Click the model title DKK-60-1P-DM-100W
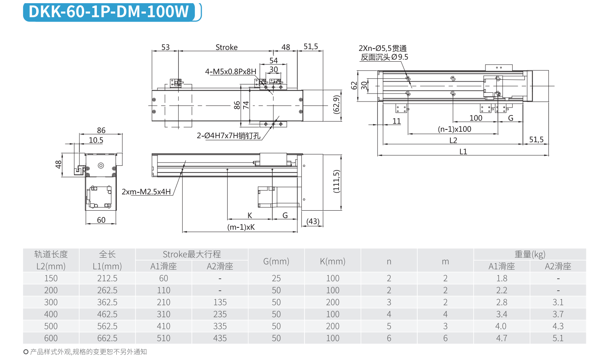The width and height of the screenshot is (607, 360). click(x=108, y=12)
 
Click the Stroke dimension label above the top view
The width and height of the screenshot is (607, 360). click(x=226, y=47)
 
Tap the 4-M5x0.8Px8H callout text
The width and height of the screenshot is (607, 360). click(x=230, y=72)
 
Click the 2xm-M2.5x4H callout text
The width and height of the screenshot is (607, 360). click(x=146, y=192)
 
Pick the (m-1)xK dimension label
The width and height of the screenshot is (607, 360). click(x=241, y=227)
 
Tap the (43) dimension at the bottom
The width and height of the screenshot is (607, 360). click(x=313, y=221)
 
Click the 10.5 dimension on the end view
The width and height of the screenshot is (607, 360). click(x=96, y=140)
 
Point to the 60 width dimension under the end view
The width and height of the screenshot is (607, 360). click(x=101, y=220)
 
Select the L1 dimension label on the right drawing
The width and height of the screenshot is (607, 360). click(x=463, y=152)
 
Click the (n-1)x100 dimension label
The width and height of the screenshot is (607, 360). click(x=454, y=129)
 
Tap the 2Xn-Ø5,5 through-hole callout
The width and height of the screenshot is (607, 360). click(x=383, y=49)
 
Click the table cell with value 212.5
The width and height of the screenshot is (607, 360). click(x=107, y=278)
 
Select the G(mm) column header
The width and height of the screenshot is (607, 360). click(x=276, y=261)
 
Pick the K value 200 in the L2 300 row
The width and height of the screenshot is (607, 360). click(x=332, y=302)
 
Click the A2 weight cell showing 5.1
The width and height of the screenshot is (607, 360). click(x=558, y=338)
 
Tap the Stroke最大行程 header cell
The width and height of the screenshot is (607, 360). click(x=192, y=254)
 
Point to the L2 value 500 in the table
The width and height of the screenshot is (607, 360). click(x=51, y=326)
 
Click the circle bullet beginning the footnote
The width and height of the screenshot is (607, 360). click(x=26, y=352)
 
